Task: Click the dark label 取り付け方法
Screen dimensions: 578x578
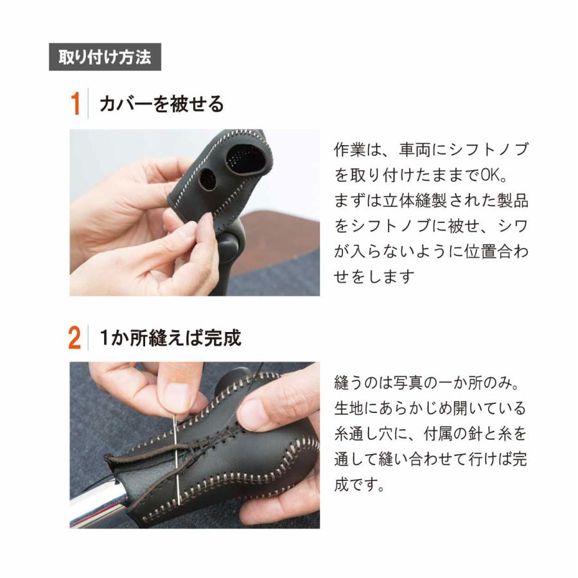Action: (x=105, y=57)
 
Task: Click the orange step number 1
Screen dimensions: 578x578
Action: (x=76, y=104)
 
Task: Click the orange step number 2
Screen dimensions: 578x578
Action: (x=75, y=338)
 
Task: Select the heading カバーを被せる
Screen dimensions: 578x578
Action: (x=162, y=104)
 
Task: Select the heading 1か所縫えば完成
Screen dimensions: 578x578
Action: (x=170, y=338)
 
